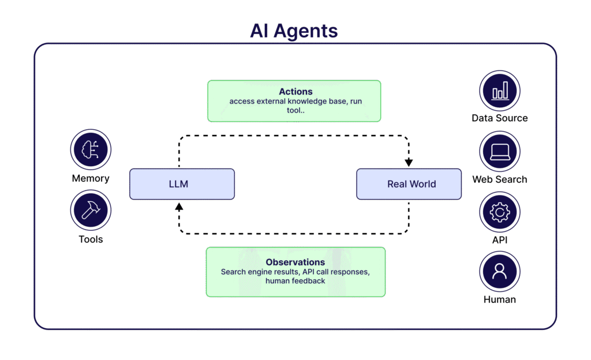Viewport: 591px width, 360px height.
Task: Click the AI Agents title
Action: pos(294,31)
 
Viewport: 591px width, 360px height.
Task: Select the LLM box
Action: pos(182,184)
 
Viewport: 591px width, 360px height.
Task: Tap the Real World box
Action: pos(409,184)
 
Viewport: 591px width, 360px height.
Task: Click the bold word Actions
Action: pos(296,92)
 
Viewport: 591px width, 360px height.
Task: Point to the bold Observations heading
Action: pos(295,262)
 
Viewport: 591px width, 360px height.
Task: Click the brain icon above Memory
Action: pos(91,149)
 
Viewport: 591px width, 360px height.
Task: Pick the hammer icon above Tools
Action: pos(91,210)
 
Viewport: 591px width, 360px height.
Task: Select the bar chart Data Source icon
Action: pos(500,91)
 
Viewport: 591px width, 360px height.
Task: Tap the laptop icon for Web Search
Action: pos(500,151)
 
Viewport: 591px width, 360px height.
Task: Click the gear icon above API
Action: pos(500,212)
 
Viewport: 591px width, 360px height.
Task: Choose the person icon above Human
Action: pos(500,272)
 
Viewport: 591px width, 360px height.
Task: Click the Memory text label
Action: pos(91,178)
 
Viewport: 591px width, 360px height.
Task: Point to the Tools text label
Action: pos(91,239)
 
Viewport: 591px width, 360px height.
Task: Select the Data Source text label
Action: pos(500,118)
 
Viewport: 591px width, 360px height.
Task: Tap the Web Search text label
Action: pos(500,179)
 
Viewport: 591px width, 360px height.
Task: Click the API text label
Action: pos(500,240)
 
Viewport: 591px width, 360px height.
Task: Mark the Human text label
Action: pos(500,300)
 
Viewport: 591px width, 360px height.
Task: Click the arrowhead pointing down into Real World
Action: pos(409,163)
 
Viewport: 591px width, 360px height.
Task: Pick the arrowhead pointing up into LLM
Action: pos(179,207)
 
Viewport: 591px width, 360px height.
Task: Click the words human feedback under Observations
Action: pos(295,281)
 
